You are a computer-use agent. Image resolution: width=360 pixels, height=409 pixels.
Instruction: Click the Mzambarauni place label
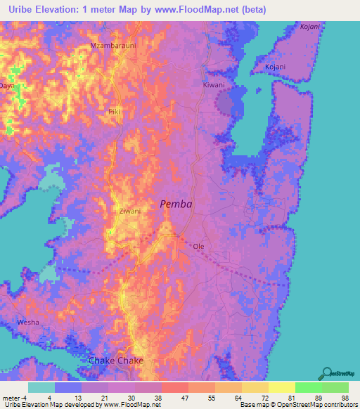click(112, 46)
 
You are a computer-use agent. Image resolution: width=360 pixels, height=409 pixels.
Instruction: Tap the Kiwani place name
click(214, 85)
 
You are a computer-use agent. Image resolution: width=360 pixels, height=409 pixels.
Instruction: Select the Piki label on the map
click(115, 112)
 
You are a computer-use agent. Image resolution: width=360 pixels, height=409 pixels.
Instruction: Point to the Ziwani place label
click(130, 211)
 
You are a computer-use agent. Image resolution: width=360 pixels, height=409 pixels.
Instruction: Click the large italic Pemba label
click(176, 204)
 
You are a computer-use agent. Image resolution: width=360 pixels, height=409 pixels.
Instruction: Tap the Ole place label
click(199, 247)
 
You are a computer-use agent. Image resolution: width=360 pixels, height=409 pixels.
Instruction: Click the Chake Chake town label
click(116, 361)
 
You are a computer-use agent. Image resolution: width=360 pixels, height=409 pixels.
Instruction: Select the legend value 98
click(345, 397)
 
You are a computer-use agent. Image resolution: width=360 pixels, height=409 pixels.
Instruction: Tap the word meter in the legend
click(11, 397)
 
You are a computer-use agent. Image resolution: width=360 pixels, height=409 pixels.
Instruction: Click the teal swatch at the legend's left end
click(41, 387)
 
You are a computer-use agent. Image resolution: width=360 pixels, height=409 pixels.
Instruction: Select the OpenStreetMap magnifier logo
click(326, 372)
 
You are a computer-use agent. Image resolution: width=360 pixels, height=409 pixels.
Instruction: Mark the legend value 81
click(291, 397)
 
